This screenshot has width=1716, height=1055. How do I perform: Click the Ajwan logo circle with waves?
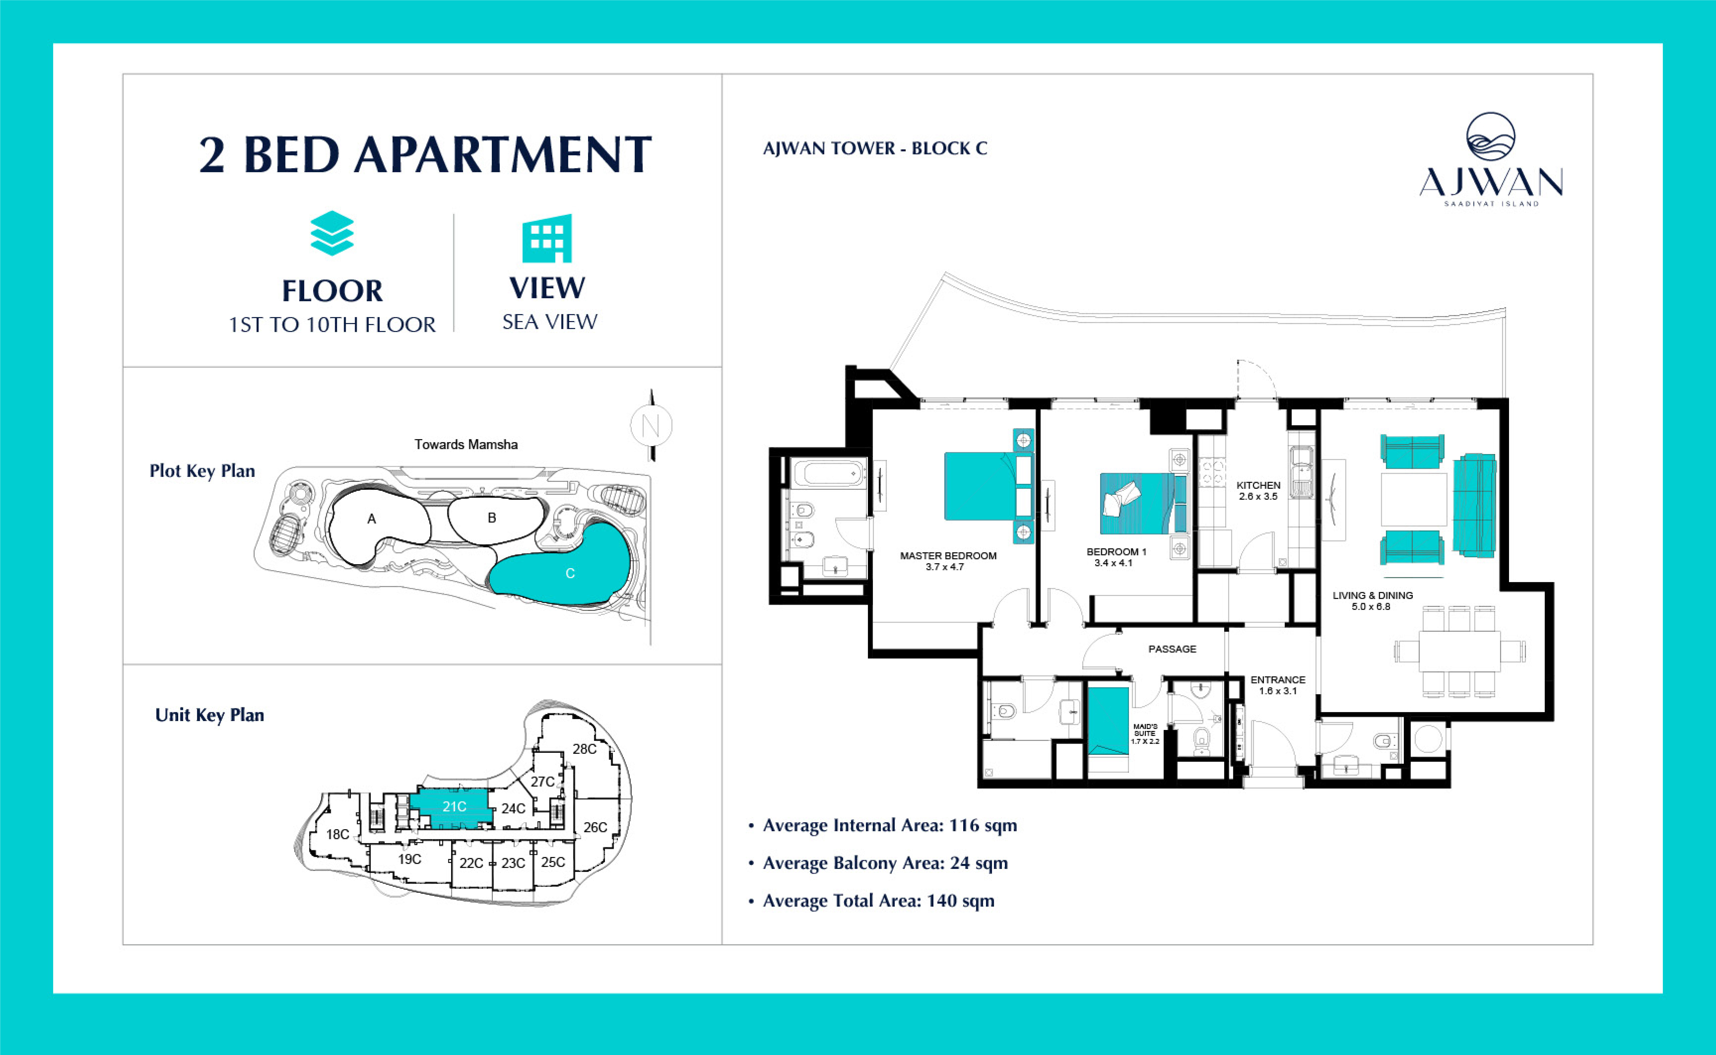click(x=1490, y=137)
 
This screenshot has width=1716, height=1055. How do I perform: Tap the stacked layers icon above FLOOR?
click(x=332, y=233)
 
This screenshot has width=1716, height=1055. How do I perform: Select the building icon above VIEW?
click(x=547, y=238)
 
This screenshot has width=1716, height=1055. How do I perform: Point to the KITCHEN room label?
click(x=1258, y=485)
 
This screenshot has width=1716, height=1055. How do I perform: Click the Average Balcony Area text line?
click(x=885, y=863)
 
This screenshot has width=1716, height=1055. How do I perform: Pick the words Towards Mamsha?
click(x=466, y=444)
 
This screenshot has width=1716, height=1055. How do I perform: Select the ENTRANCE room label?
click(x=1278, y=680)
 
